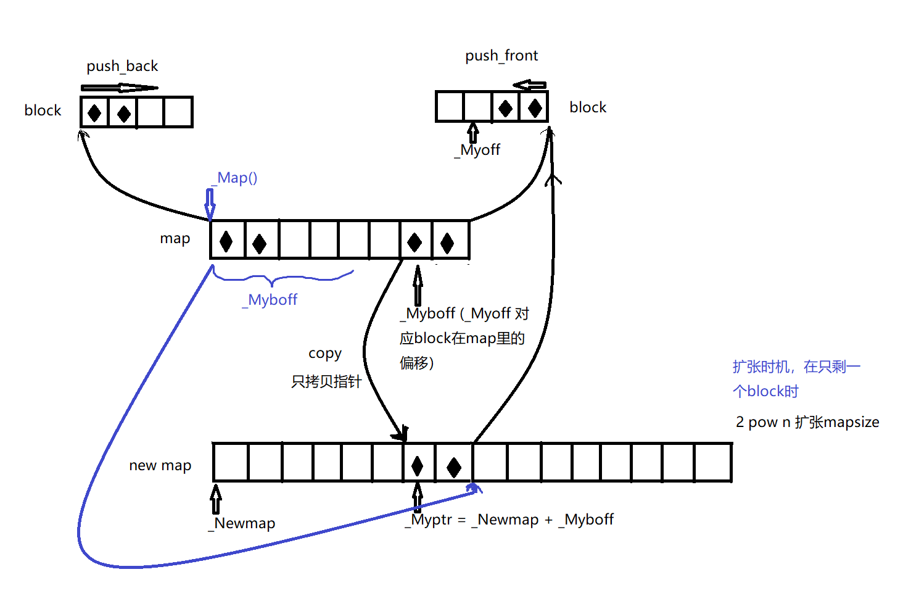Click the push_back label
point(122,66)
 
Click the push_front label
point(501,56)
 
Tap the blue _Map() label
point(234,178)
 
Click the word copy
point(325,354)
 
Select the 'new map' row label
point(160,465)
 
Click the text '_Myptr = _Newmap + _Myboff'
point(509,520)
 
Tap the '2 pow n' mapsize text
point(807,422)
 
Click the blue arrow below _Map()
point(210,204)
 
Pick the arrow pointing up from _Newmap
point(216,499)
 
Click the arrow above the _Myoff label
point(473,132)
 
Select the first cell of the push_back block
point(94,112)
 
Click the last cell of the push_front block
point(534,107)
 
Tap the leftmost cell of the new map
point(231,462)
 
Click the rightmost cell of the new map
point(713,462)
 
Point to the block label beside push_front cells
point(588,107)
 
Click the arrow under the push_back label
point(119,88)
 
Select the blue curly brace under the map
point(282,277)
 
